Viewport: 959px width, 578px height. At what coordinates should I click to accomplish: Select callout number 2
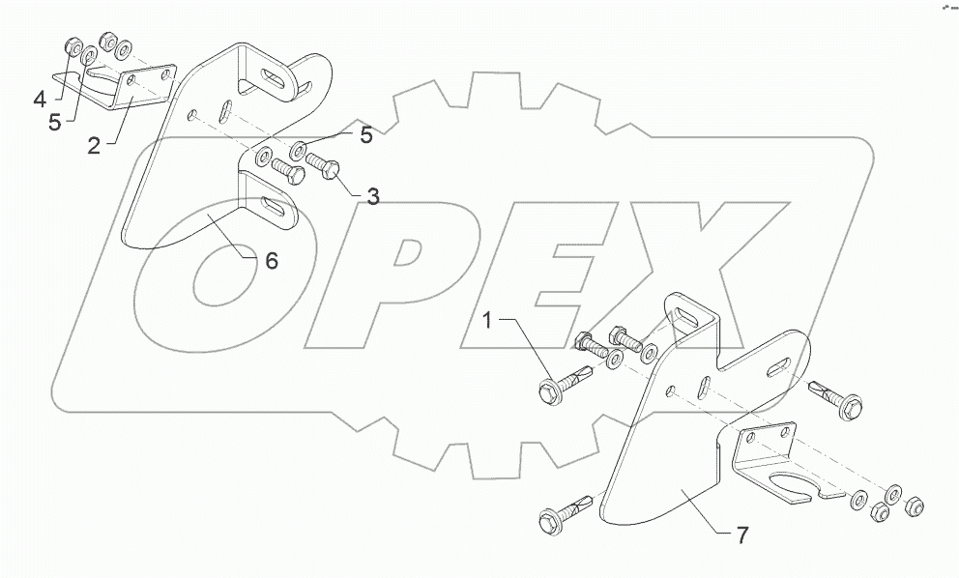click(94, 147)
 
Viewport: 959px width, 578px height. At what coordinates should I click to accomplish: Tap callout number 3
click(371, 196)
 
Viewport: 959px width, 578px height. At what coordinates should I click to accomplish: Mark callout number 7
click(742, 533)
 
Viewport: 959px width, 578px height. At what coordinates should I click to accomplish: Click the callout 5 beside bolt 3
click(365, 135)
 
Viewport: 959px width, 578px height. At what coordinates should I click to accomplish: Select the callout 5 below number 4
click(55, 122)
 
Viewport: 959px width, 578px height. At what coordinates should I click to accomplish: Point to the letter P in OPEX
click(387, 271)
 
